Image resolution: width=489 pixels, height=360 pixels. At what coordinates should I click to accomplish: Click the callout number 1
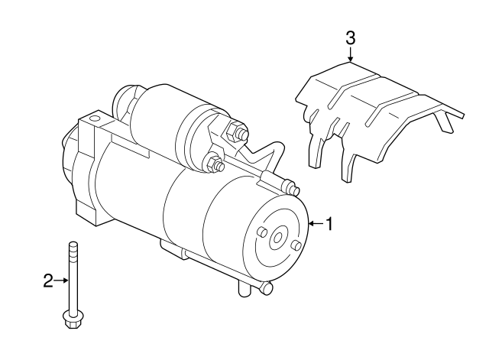pyautogui.click(x=330, y=224)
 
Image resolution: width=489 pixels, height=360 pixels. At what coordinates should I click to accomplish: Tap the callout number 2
pyautogui.click(x=47, y=281)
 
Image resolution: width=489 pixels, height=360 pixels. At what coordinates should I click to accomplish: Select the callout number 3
pyautogui.click(x=350, y=37)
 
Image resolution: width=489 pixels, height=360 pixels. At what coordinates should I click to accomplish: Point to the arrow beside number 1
pyautogui.click(x=316, y=224)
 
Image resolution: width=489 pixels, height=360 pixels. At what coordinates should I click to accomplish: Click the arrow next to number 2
pyautogui.click(x=62, y=281)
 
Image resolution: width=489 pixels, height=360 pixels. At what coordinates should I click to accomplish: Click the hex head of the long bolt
pyautogui.click(x=72, y=322)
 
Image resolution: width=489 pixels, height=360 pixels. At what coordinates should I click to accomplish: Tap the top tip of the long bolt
pyautogui.click(x=73, y=244)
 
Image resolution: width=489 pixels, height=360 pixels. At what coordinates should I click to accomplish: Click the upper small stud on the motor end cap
pyautogui.click(x=261, y=232)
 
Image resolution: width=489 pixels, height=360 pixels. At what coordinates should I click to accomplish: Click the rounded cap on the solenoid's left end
pyautogui.click(x=122, y=99)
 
